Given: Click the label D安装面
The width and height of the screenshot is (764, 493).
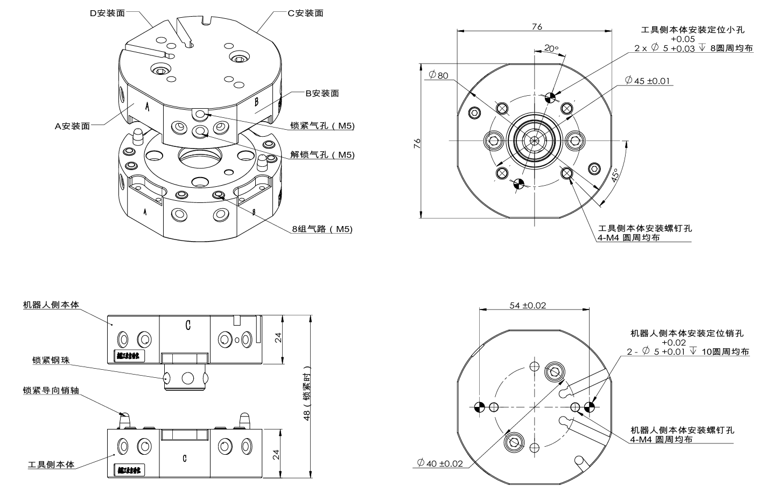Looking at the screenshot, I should point(107,13).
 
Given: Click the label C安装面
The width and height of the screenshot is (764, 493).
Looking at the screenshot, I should point(305,13).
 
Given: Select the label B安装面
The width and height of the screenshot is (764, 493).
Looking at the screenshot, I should point(323,93).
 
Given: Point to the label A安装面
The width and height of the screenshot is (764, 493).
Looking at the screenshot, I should point(72,126).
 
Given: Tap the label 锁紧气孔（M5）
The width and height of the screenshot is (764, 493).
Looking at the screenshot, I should point(323,125).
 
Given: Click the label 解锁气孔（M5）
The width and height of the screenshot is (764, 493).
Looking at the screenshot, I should point(323,154).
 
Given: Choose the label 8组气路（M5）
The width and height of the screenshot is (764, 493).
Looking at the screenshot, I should point(323,229).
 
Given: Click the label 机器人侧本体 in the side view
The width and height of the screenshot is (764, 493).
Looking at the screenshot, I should point(51,305).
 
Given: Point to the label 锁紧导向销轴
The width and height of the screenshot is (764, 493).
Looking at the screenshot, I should point(51,390).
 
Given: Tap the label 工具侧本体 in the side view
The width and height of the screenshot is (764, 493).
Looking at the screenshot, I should point(51,464).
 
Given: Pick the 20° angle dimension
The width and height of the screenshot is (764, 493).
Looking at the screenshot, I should point(551,48).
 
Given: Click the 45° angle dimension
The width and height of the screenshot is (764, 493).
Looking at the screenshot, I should point(615,176).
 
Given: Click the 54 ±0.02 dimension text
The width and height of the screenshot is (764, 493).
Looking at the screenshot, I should point(528,305).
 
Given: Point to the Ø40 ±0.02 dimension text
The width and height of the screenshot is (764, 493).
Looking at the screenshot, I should point(440,463).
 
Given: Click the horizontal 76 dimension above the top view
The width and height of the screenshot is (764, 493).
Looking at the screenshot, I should point(537,26).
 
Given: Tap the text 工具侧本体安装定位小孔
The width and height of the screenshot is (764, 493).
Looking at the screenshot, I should point(692,30).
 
